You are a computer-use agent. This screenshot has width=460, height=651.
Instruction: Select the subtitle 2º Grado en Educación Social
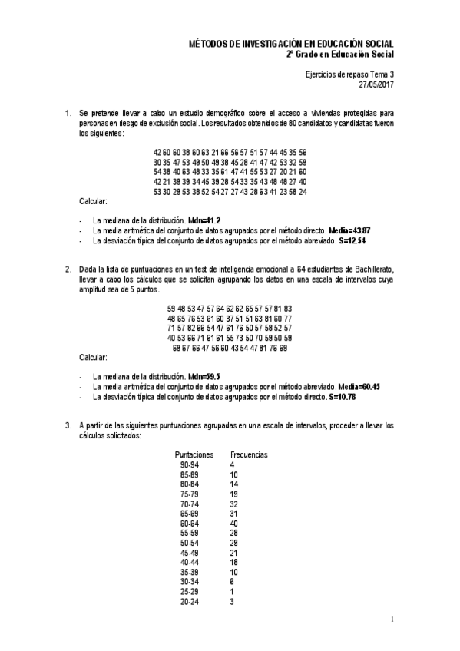[x=339, y=55]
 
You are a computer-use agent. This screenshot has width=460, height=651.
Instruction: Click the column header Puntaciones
[x=194, y=454]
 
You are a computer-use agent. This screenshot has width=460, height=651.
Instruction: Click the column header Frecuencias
[x=249, y=454]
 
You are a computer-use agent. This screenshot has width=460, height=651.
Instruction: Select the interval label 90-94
[x=189, y=465]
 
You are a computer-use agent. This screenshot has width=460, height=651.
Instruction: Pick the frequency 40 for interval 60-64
[x=234, y=524]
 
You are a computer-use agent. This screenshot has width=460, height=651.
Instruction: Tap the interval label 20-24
[x=189, y=601]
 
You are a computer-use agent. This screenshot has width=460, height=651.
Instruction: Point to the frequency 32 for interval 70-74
[x=234, y=504]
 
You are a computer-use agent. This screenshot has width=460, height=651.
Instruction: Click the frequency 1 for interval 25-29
[x=231, y=591]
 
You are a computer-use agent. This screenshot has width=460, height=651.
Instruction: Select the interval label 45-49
[x=189, y=553]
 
